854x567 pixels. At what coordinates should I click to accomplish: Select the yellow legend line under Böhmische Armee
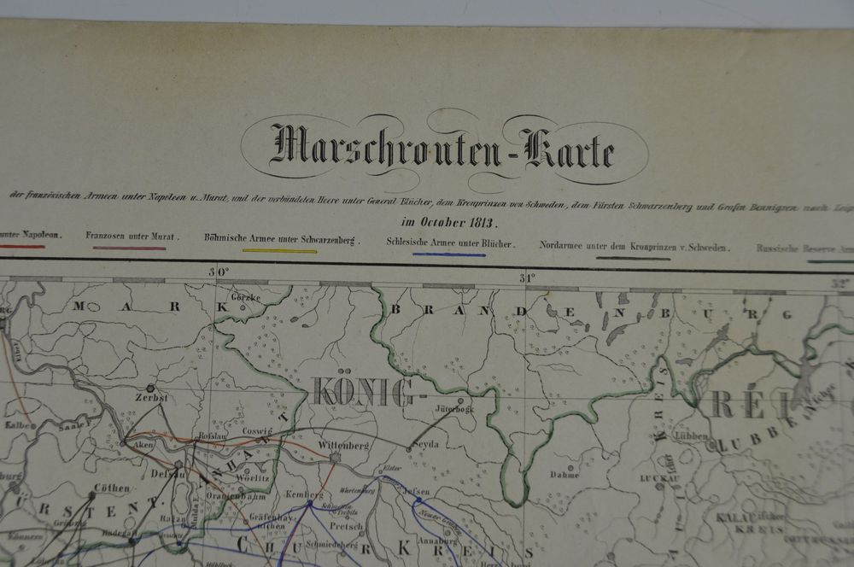tap(279, 250)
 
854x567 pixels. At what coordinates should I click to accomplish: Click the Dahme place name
tap(564, 473)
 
